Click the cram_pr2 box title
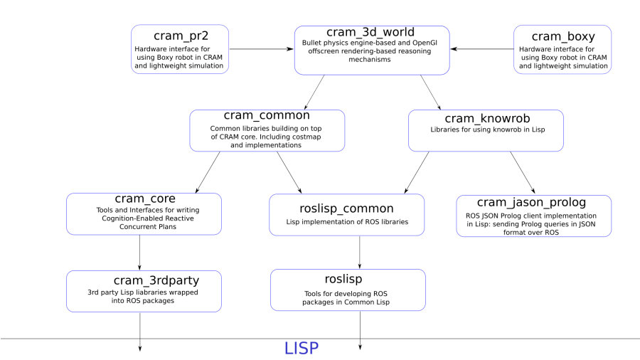(x=181, y=36)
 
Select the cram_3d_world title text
(x=370, y=32)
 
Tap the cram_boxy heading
(x=563, y=37)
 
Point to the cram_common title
(x=267, y=115)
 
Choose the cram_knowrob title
(x=487, y=119)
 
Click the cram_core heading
(x=145, y=198)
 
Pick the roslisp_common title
(x=346, y=208)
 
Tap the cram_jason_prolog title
(x=531, y=203)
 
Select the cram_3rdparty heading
(x=156, y=280)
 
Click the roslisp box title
(x=343, y=279)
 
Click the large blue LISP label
(x=302, y=349)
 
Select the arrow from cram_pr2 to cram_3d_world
(x=262, y=49)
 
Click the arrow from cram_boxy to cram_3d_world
(x=482, y=49)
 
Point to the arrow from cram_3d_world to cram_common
(x=314, y=92)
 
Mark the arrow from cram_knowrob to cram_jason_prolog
(x=523, y=172)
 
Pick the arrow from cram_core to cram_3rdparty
(x=139, y=253)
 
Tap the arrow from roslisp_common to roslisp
(x=360, y=253)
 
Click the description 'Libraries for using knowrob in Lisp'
(x=488, y=129)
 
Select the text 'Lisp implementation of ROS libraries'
(x=347, y=222)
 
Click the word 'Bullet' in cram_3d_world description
(x=311, y=43)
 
